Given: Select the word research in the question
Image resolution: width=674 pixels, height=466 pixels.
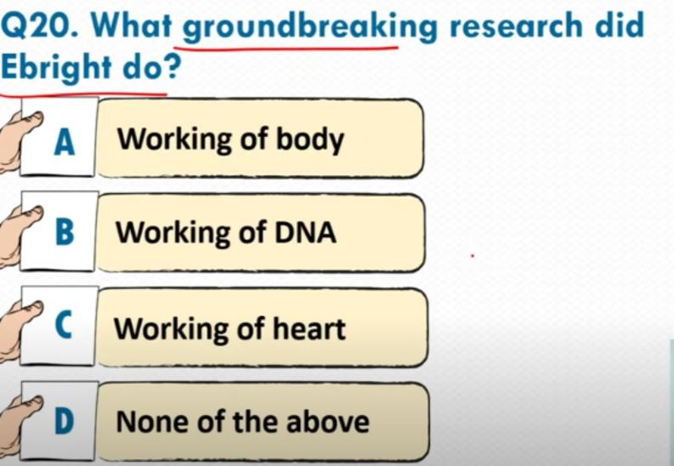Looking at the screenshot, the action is point(515,26).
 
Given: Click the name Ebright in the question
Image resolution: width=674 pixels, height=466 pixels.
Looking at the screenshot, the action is point(56,68).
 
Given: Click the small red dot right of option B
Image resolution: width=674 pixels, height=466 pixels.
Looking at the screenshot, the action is point(473,256).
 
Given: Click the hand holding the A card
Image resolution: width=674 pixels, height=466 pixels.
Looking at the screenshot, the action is point(20,139).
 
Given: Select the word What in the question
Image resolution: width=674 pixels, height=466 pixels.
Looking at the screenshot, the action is point(131,26).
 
